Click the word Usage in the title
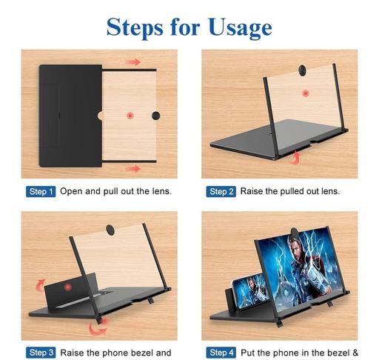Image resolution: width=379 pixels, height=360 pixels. click(240, 27)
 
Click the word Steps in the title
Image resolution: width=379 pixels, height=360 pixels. click(135, 27)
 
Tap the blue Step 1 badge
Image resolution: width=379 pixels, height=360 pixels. click(41, 192)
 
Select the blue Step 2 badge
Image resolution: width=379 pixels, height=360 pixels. click(221, 192)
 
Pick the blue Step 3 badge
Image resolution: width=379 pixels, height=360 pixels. click(41, 353)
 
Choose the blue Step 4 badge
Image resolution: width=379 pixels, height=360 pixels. click(221, 353)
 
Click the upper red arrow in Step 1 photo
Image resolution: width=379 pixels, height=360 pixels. click(133, 61)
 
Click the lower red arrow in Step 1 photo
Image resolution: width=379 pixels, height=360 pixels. click(133, 169)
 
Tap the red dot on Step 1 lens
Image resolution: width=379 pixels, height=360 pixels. click(130, 116)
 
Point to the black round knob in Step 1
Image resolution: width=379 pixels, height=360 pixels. click(155, 116)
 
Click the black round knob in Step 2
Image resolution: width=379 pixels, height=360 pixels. click(302, 70)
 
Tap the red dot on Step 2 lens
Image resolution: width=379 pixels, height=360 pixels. click(306, 93)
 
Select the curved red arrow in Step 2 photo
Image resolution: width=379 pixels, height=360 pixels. click(296, 159)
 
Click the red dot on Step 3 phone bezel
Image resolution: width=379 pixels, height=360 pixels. click(67, 287)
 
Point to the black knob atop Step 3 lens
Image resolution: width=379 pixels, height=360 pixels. click(110, 230)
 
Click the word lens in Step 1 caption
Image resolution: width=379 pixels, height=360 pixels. click(161, 191)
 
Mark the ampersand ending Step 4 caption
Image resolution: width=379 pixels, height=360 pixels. click(355, 353)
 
